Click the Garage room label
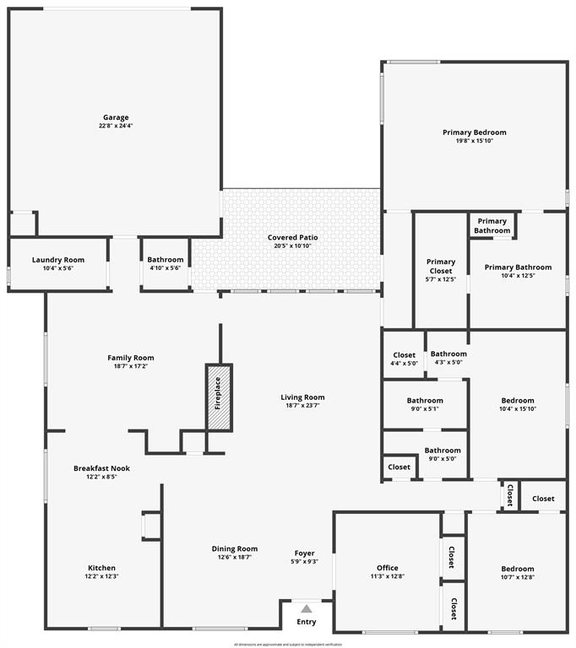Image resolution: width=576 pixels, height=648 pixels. pyautogui.click(x=116, y=117)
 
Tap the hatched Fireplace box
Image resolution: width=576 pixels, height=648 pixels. pyautogui.click(x=219, y=397)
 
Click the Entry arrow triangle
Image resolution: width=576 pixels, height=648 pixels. pyautogui.click(x=307, y=608)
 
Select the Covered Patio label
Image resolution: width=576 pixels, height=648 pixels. pyautogui.click(x=292, y=237)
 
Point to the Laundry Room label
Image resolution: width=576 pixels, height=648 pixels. pyautogui.click(x=58, y=259)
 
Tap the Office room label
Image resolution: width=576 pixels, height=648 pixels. pyautogui.click(x=388, y=568)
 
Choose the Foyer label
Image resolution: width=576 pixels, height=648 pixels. pyautogui.click(x=305, y=553)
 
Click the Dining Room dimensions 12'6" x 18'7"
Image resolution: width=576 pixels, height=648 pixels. pyautogui.click(x=235, y=558)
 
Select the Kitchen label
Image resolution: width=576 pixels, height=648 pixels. pyautogui.click(x=102, y=568)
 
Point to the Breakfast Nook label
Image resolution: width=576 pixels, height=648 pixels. pyautogui.click(x=101, y=468)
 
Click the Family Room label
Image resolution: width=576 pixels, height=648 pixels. pyautogui.click(x=131, y=358)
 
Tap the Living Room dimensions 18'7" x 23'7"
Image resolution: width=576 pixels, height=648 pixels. pyautogui.click(x=302, y=406)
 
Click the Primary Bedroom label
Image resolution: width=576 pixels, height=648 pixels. pyautogui.click(x=475, y=132)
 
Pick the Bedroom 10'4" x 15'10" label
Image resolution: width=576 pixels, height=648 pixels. pyautogui.click(x=518, y=401)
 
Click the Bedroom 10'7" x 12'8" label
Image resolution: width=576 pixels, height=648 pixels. pyautogui.click(x=517, y=569)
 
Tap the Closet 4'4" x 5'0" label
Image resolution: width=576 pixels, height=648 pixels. pyautogui.click(x=405, y=355)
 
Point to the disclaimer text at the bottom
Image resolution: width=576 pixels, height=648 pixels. pyautogui.click(x=288, y=644)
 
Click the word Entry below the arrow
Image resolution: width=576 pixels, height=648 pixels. pyautogui.click(x=306, y=622)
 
